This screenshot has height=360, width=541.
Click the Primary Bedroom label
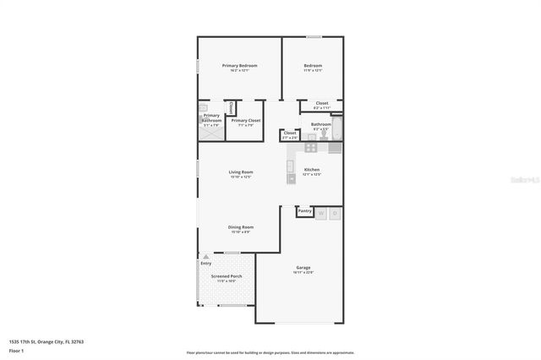click(x=239, y=65)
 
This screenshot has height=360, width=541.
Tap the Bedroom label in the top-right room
click(x=313, y=65)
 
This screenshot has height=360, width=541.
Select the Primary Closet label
click(x=245, y=121)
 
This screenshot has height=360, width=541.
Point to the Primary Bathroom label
click(x=211, y=118)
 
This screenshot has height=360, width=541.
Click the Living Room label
click(x=241, y=172)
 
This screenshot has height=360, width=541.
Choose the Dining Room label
click(x=241, y=226)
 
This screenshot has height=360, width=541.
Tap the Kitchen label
click(x=312, y=169)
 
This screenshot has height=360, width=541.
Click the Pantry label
click(x=305, y=210)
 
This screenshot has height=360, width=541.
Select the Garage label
click(x=303, y=267)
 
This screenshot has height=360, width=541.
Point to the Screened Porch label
click(x=227, y=276)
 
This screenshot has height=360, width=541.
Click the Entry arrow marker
click(x=205, y=256)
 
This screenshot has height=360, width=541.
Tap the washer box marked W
click(x=321, y=214)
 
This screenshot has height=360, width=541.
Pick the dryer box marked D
click(x=335, y=214)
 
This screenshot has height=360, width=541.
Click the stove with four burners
click(x=311, y=147)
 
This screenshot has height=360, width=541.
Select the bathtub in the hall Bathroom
click(x=336, y=129)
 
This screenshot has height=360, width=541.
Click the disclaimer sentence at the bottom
click(x=270, y=353)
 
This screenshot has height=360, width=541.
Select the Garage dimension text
click(x=303, y=272)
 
